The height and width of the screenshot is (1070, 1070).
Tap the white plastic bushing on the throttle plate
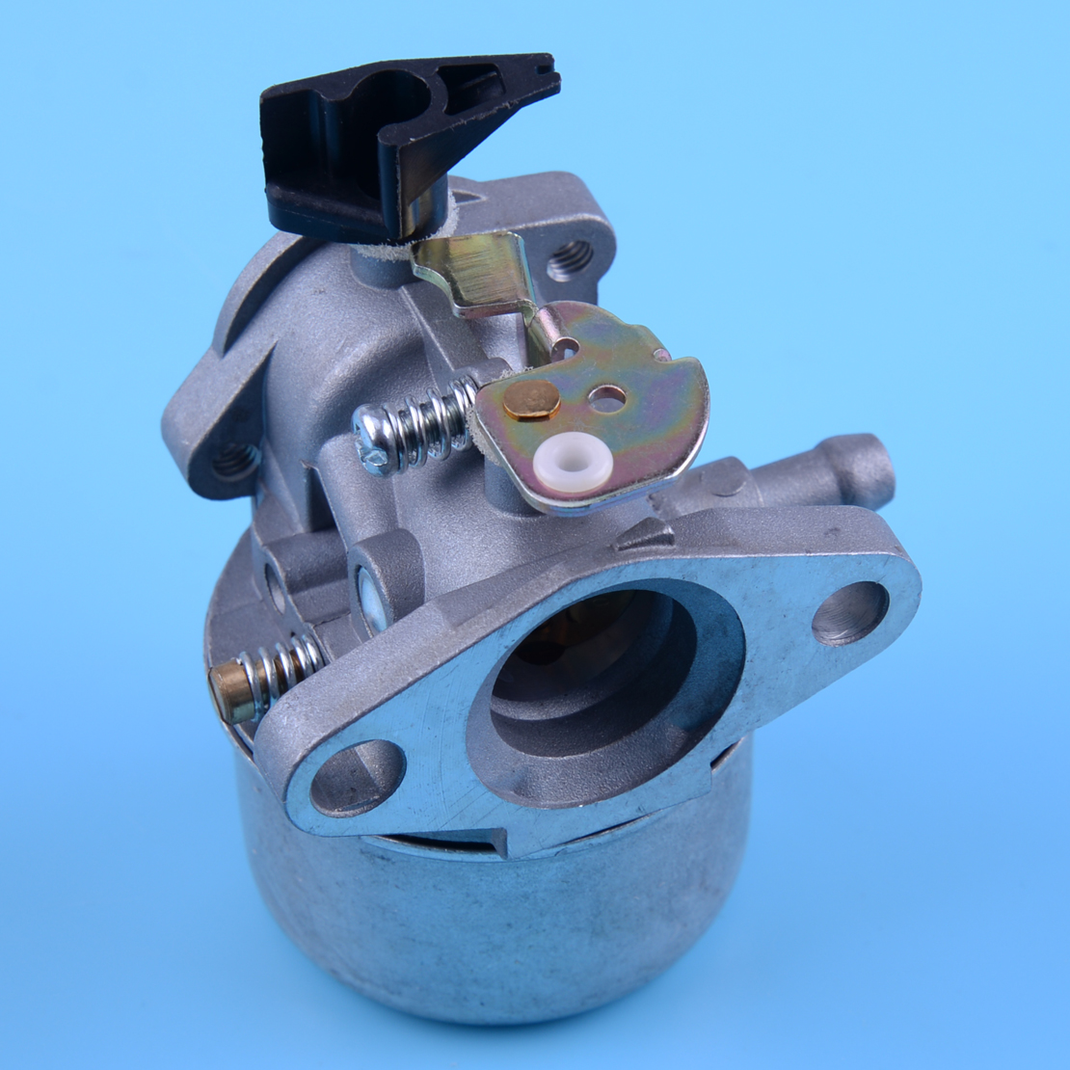pos(575,463)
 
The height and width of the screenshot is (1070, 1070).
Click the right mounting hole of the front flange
pos(849,613)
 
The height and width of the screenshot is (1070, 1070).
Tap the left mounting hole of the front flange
pos(357,777)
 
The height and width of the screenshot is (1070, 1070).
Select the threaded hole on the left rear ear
pos(235,461)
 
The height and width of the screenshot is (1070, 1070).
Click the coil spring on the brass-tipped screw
pos(284,667)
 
